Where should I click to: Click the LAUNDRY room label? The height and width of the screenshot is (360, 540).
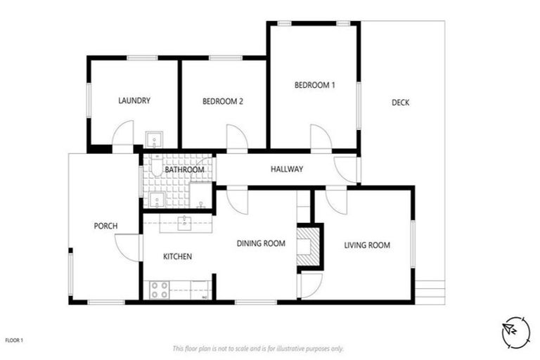[x=134, y=101]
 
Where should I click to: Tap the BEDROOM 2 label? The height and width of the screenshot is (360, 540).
[x=223, y=101]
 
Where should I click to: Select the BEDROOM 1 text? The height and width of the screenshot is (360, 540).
[x=314, y=85]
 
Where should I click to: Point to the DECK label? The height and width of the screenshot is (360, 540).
[x=400, y=103]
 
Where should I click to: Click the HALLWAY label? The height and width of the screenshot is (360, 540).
[x=287, y=169]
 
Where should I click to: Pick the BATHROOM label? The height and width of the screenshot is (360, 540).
[x=184, y=170]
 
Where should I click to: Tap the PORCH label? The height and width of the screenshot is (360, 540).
[x=105, y=226]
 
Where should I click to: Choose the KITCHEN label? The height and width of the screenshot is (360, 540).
[x=178, y=257]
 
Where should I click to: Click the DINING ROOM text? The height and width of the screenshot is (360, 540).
[x=260, y=244]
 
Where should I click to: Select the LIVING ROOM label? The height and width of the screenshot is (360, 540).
[x=366, y=245]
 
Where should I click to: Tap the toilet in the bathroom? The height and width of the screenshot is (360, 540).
[x=155, y=167]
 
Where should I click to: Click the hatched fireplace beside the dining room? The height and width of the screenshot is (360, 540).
[x=307, y=246]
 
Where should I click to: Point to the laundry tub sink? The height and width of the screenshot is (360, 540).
[x=153, y=138]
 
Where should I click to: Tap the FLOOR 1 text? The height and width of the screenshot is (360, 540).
[x=14, y=340]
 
